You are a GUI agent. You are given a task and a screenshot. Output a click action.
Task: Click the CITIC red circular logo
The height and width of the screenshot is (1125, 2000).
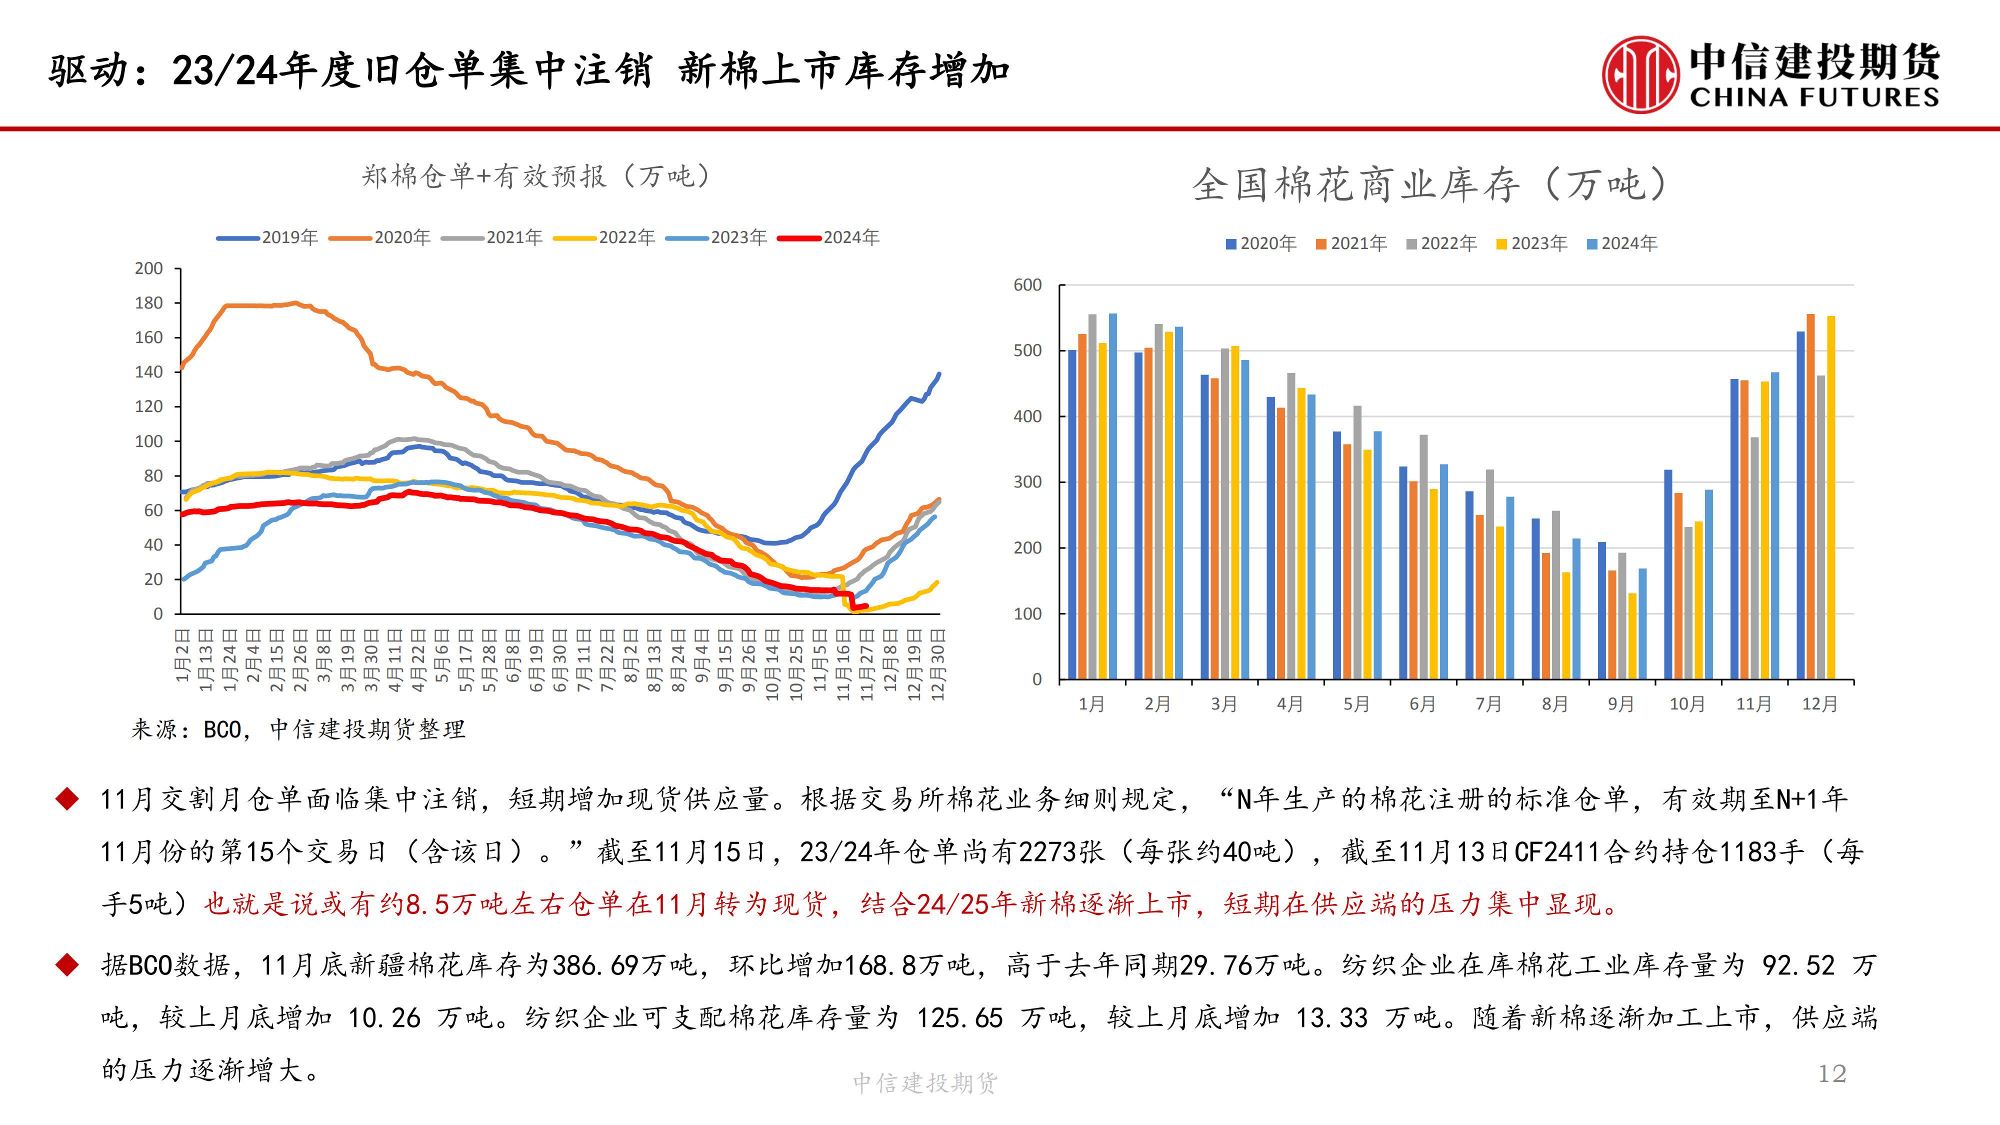pyautogui.click(x=1640, y=74)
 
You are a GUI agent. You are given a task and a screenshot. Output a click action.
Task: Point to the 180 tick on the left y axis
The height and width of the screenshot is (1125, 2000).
pyautogui.click(x=148, y=303)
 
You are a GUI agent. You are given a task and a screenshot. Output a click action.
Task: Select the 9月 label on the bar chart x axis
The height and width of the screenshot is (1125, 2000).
pyautogui.click(x=1621, y=704)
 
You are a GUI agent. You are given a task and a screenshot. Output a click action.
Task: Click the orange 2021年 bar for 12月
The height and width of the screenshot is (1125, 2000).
pyautogui.click(x=1810, y=497)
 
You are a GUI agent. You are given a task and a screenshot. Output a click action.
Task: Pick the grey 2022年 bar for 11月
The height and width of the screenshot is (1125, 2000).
pyautogui.click(x=1754, y=559)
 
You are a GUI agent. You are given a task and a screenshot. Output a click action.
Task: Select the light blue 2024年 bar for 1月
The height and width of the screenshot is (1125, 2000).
pyautogui.click(x=1112, y=497)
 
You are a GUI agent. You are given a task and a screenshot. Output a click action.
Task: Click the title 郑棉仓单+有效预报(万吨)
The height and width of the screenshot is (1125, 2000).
pyautogui.click(x=535, y=176)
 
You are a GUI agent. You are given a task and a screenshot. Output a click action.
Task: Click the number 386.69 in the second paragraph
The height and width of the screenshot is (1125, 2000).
pyautogui.click(x=594, y=965)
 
